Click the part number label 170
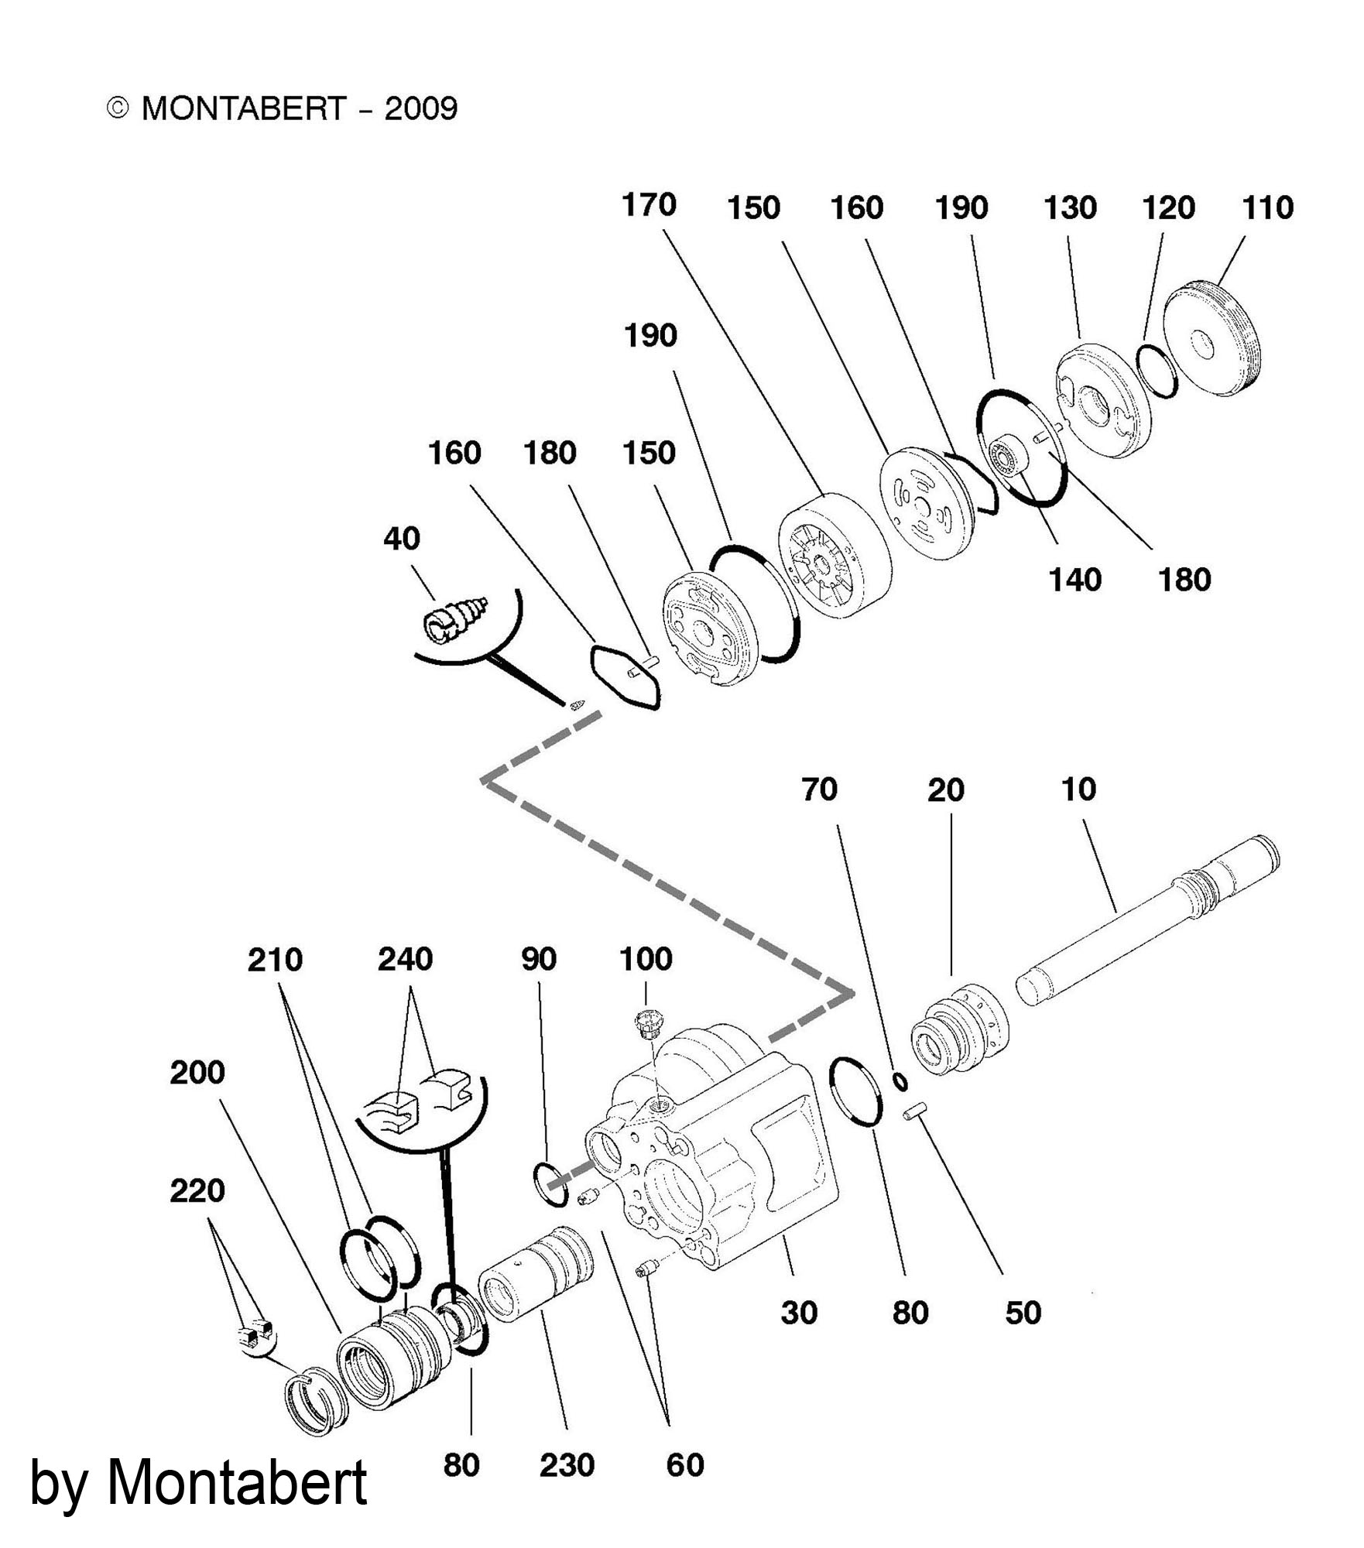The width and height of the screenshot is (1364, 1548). tap(649, 206)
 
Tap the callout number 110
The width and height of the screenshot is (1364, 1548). tap(1268, 208)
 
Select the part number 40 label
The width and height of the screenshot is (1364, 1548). tap(402, 539)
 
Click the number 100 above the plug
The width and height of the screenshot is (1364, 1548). tap(646, 960)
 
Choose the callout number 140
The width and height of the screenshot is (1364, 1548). tap(1074, 580)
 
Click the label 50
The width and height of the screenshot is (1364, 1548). tap(1023, 1313)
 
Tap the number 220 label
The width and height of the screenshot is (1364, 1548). tap(197, 1190)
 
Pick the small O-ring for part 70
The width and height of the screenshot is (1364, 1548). tap(900, 1081)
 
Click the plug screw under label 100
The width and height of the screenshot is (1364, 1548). tap(644, 1024)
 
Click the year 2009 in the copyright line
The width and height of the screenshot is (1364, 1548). tap(421, 108)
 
